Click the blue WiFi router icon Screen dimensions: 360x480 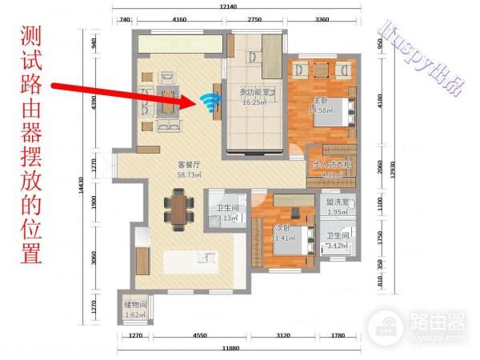click(210, 102)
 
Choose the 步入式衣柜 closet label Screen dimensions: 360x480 click(331, 168)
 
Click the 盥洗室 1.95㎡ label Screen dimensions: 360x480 click(337, 207)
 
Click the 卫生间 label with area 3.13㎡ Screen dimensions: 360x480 click(227, 213)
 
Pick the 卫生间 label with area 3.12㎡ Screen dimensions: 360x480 click(337, 241)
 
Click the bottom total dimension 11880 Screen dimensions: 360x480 click(232, 349)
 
